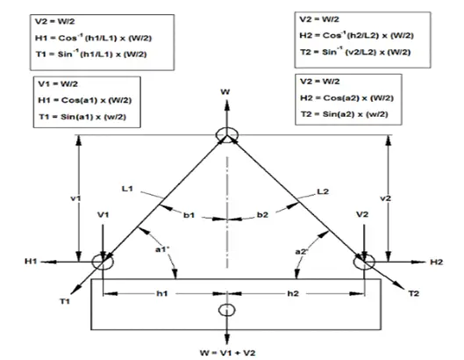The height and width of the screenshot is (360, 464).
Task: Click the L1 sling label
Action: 127,189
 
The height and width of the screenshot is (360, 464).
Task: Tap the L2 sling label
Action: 323,191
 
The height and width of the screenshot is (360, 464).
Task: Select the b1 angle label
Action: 189,215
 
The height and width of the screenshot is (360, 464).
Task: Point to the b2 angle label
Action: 262,214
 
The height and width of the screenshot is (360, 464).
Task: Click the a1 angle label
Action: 162,249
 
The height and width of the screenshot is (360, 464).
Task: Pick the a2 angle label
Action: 302,252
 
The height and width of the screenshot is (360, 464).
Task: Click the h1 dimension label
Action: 162,293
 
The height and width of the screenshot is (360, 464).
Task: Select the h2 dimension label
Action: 293,293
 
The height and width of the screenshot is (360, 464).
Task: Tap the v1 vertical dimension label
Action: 75,198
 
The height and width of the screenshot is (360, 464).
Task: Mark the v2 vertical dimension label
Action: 385,198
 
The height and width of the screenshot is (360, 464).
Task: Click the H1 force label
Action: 31,262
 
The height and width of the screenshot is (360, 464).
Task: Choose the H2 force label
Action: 437,262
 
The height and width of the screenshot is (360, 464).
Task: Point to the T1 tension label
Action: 65,301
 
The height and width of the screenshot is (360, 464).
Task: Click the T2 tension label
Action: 414,293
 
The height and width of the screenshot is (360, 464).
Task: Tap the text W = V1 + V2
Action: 227,353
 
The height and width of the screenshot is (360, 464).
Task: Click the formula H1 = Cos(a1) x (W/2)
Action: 84,100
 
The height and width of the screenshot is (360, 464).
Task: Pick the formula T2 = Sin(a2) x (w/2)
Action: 344,114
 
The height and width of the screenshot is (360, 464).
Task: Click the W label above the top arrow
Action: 225,92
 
